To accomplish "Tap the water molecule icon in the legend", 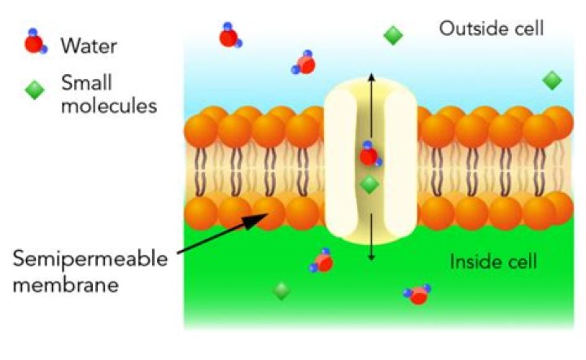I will (33, 42).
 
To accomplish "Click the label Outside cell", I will (491, 29).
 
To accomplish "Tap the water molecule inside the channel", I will (370, 155).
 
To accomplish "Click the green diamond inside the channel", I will (370, 186).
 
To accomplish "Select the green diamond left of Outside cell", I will (393, 35).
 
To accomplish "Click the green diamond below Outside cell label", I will (553, 80).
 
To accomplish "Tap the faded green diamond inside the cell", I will (282, 290).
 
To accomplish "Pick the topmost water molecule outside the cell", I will (229, 36).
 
